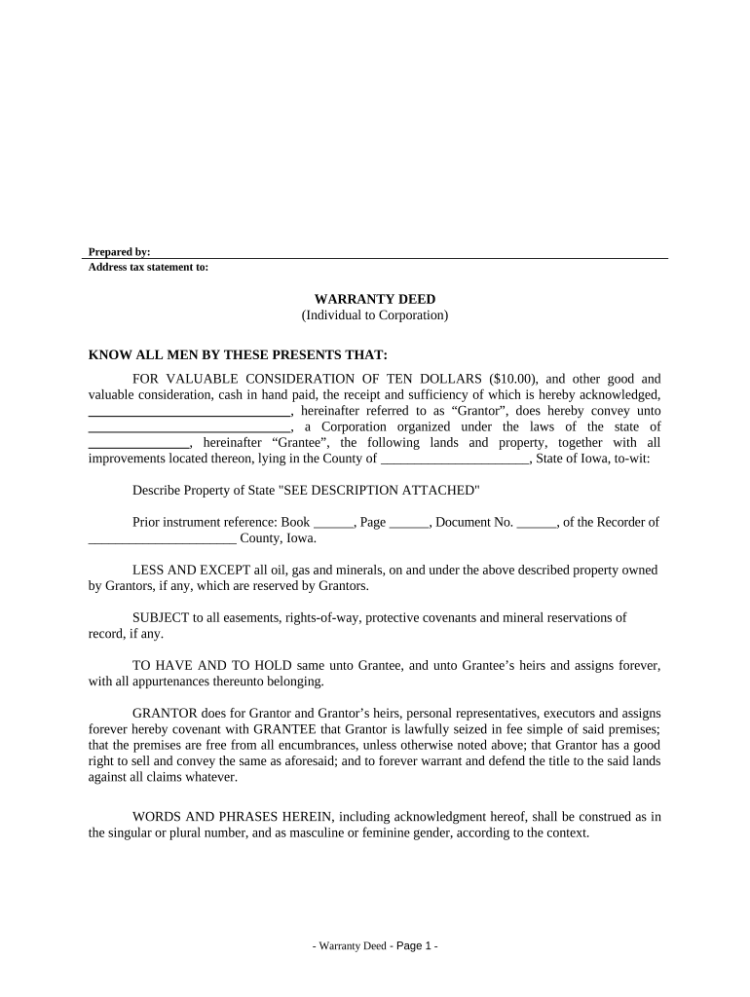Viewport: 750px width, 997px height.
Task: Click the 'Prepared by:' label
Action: coord(119,252)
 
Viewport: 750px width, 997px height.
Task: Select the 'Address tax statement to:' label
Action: coord(148,267)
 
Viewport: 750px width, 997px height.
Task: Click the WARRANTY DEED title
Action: coord(375,299)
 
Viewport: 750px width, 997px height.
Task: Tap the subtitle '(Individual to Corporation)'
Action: coord(375,315)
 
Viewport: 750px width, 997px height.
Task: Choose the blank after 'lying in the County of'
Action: coord(454,462)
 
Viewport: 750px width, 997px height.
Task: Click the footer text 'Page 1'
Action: coord(414,946)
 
